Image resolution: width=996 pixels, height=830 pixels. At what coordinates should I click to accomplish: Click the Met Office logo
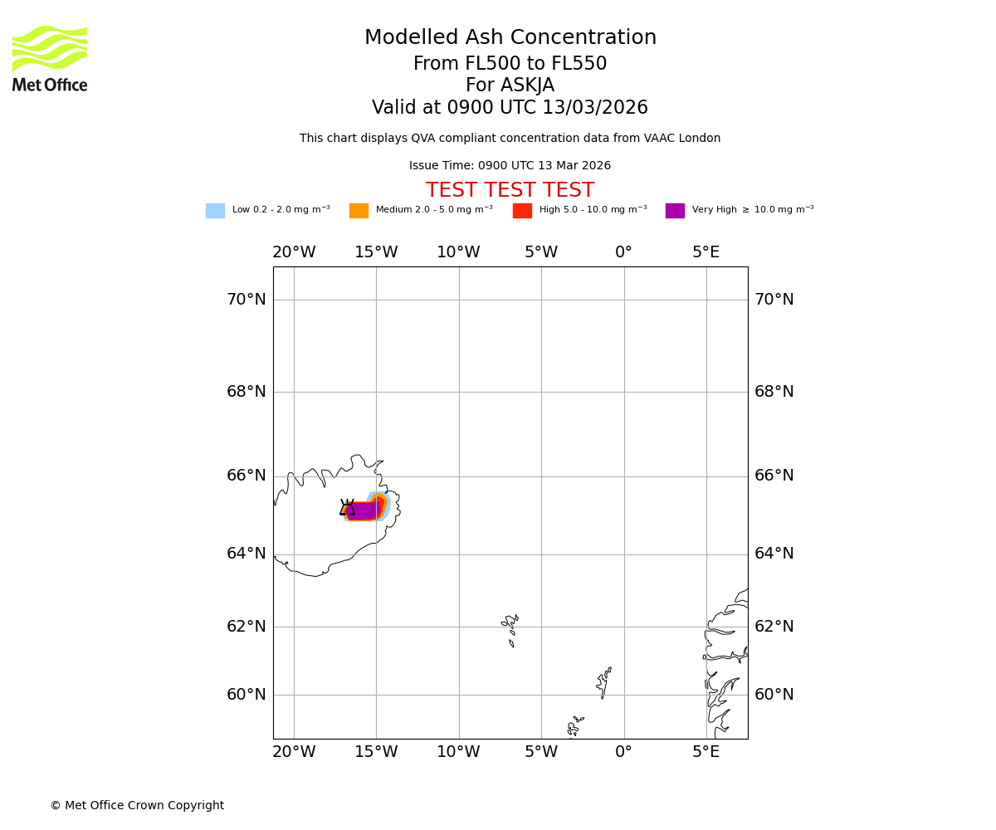tap(50, 58)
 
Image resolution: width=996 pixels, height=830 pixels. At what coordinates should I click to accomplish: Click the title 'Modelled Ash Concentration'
tap(510, 38)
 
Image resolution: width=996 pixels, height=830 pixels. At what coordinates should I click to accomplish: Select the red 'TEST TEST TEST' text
tap(510, 191)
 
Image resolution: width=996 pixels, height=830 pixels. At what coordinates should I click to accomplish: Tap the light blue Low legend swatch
tap(215, 211)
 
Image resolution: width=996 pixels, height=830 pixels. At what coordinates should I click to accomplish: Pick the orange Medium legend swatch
tap(359, 211)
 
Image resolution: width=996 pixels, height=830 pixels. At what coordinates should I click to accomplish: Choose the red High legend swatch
tap(522, 211)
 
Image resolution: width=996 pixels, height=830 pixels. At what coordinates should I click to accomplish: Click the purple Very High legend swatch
tap(675, 211)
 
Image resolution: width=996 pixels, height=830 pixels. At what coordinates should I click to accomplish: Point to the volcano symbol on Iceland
tap(347, 508)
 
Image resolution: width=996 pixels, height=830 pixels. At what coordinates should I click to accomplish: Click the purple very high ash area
tap(363, 510)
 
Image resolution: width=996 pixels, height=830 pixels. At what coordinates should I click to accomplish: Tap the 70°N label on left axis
tap(247, 300)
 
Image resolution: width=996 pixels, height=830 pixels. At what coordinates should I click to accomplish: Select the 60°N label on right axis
tap(774, 695)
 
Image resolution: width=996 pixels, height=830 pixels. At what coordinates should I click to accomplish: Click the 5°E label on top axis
tap(705, 252)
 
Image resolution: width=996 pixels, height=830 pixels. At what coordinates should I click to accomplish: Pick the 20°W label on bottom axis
tap(294, 752)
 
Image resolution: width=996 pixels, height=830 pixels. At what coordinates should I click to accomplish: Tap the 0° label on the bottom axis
tap(623, 752)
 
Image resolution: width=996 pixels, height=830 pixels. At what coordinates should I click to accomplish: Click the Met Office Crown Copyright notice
tap(137, 806)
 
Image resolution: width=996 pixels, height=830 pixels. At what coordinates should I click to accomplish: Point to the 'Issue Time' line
tap(510, 166)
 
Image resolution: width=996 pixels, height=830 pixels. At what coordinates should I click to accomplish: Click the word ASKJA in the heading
tap(531, 85)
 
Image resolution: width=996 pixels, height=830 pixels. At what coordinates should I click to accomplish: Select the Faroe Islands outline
tap(510, 629)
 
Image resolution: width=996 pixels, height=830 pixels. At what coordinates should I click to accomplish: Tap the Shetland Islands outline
tap(603, 682)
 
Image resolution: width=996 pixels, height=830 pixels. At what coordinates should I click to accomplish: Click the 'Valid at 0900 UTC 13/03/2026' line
tap(510, 108)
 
